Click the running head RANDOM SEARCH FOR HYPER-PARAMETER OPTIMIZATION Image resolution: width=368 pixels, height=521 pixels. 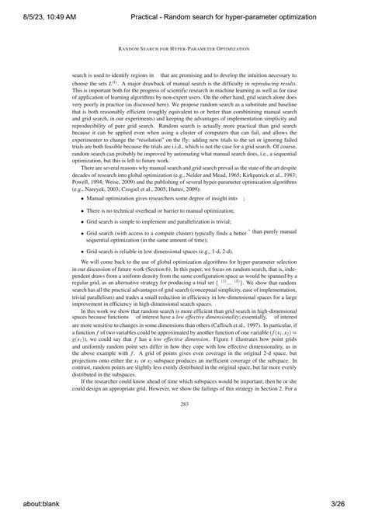coord(184,47)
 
